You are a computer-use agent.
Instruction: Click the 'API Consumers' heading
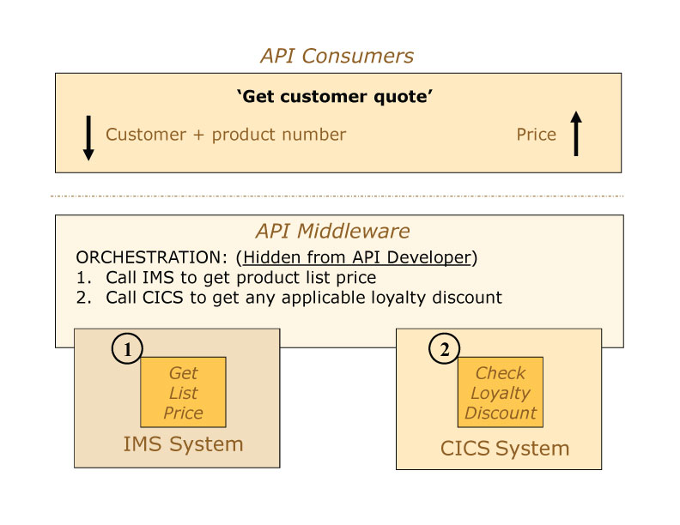(337, 56)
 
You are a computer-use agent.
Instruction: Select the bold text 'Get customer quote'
(334, 96)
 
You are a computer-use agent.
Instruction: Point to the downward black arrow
(88, 138)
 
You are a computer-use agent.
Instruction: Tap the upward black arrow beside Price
(576, 134)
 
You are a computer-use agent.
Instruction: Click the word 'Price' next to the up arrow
(536, 135)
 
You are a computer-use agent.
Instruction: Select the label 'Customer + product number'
(226, 135)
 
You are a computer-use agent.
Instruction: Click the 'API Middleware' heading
(332, 231)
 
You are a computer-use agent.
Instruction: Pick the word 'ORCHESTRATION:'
(151, 257)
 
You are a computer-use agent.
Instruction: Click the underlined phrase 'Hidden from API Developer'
(357, 257)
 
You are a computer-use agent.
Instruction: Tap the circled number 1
(127, 348)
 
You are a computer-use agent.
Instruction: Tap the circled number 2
(445, 348)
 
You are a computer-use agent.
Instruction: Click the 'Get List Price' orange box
(183, 392)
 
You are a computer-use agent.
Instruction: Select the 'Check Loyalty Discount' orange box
(501, 392)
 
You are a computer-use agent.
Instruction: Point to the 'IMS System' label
(183, 444)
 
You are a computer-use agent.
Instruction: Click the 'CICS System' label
(505, 448)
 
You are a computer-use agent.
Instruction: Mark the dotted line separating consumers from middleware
(337, 196)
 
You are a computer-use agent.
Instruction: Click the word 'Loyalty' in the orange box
(501, 394)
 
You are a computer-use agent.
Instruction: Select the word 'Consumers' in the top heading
(358, 56)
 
